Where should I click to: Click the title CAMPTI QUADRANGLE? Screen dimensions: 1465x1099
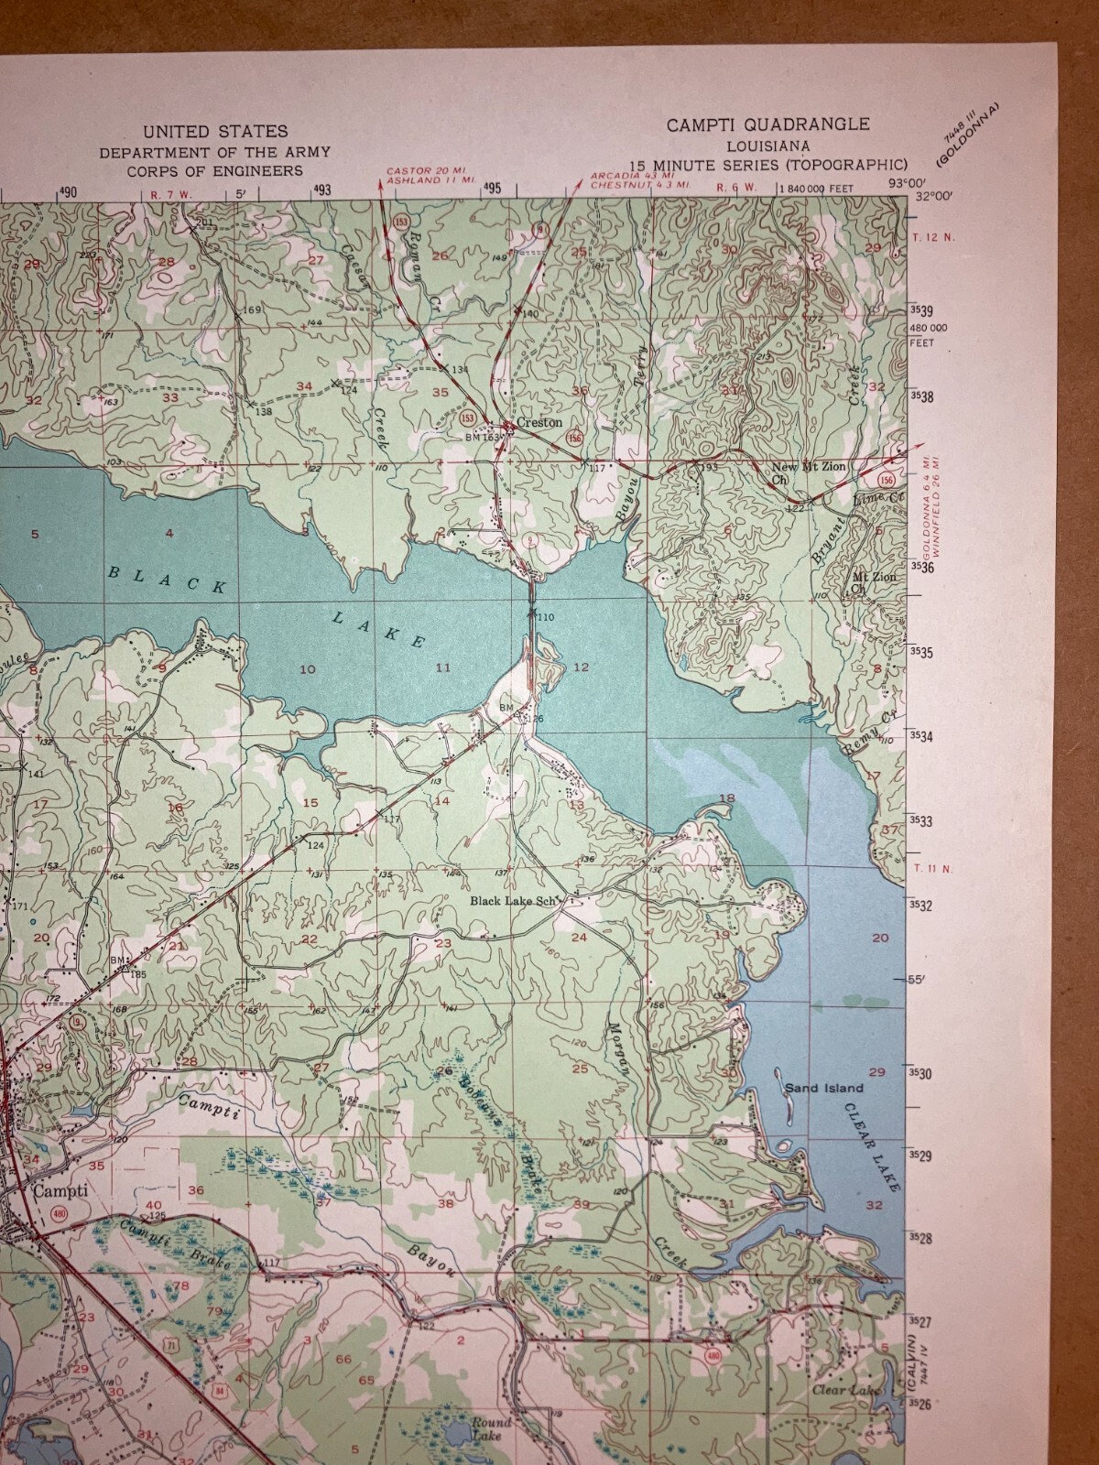click(x=767, y=125)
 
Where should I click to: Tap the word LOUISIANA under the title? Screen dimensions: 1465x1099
click(x=767, y=146)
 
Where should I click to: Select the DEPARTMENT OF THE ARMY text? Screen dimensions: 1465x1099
click(x=215, y=152)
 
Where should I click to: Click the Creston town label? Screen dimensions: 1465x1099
click(x=539, y=424)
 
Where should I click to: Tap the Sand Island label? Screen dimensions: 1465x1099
click(x=823, y=1088)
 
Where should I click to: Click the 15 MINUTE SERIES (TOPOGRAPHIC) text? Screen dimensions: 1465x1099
click(x=767, y=165)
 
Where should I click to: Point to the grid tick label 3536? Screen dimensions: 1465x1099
click(x=919, y=568)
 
